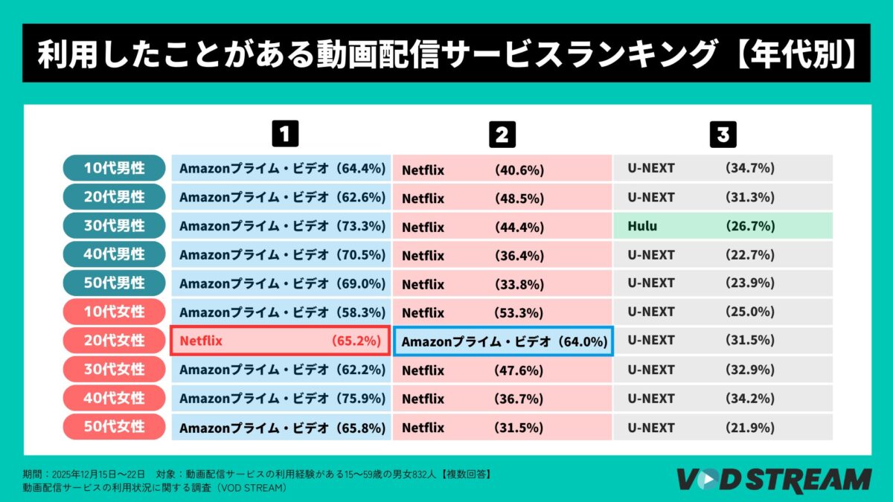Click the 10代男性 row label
pos(114,168)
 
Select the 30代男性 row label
pos(114,225)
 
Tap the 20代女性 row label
pos(114,341)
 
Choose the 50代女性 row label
pos(114,427)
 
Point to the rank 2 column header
pos(502,135)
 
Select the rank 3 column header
pos(723,135)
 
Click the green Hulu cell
pos(723,226)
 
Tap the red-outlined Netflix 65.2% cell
pos(280,341)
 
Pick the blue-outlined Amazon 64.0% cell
pos(503,341)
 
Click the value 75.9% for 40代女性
pos(361,399)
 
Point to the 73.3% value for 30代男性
pos(361,226)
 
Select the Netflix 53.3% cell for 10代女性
pos(503,312)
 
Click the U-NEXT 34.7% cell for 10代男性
pos(723,169)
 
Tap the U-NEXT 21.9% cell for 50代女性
pos(723,428)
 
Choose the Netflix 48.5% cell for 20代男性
pos(503,198)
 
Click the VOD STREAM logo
pos(773,479)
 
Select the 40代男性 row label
pos(114,254)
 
